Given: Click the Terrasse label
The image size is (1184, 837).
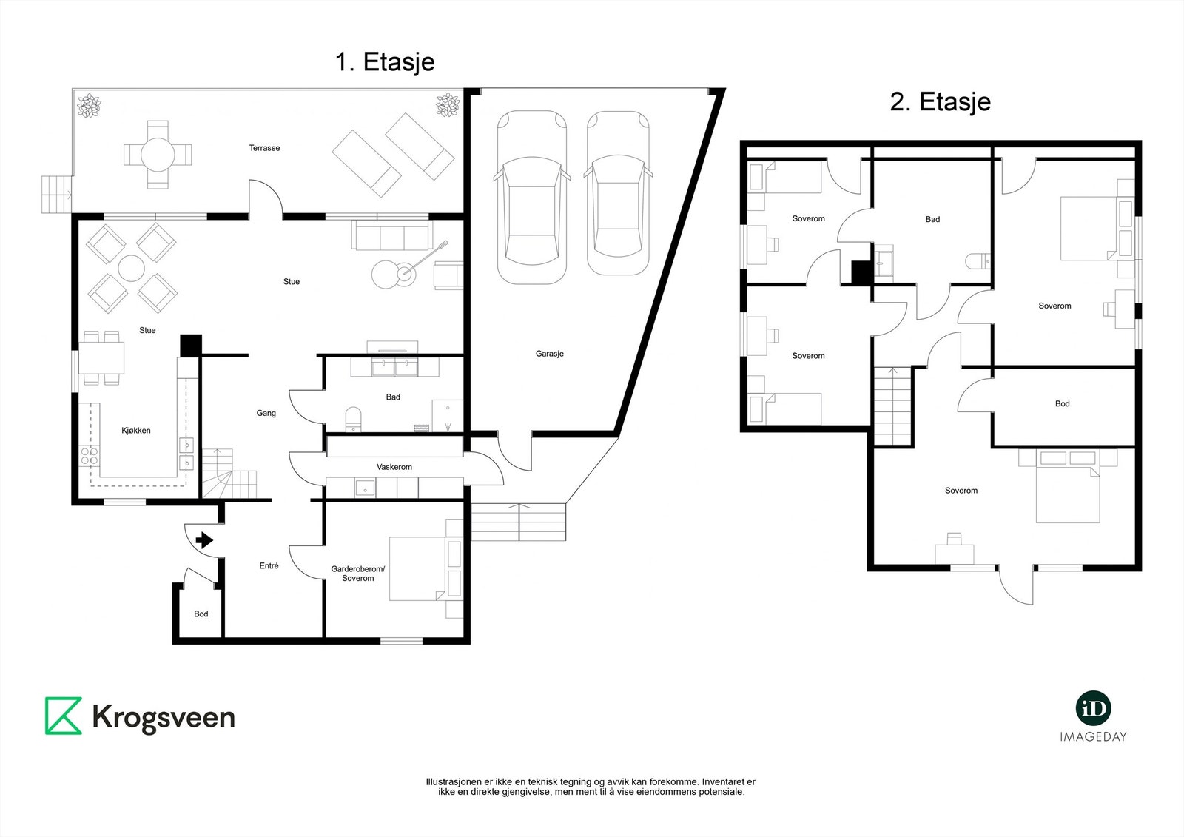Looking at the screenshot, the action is tap(264, 148).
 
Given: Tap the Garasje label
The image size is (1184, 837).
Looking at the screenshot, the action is tap(549, 354).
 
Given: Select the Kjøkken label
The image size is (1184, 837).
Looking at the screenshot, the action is tap(136, 431).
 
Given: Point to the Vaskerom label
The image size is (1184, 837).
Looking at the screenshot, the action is tap(394, 467).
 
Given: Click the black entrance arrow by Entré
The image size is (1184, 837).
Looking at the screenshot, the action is tap(204, 540).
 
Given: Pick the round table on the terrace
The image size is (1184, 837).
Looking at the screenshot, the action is tap(158, 155).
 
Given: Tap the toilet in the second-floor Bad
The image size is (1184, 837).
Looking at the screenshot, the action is tap(978, 261).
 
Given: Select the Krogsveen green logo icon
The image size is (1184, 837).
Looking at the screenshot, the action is tap(64, 716).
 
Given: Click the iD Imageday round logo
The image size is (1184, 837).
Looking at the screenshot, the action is tap(1093, 709).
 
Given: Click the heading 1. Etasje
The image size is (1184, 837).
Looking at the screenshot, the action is tap(385, 62).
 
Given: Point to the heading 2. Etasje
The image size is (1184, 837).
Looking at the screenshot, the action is tap(941, 101).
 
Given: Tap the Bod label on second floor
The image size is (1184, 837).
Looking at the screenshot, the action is tap(1062, 403).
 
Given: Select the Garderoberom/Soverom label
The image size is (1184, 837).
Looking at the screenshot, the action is tap(358, 574).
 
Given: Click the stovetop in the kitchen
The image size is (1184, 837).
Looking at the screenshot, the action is tap(90, 457).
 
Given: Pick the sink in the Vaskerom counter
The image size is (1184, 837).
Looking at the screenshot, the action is tap(365, 488).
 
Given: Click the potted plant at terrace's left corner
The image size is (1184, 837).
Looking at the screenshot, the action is tap(88, 105).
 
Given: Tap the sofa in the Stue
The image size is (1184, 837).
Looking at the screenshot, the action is tap(391, 235).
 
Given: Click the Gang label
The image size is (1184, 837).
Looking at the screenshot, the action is tap(266, 413).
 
